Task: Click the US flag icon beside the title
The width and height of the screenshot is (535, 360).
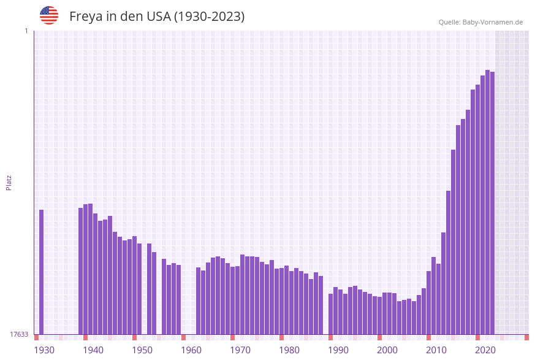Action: click(x=49, y=15)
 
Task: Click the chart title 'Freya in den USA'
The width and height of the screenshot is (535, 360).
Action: click(x=157, y=17)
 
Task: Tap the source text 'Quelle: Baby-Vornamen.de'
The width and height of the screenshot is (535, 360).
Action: click(x=480, y=22)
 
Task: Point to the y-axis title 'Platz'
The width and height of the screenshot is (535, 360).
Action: click(x=9, y=182)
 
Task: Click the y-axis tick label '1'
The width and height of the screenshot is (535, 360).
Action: click(x=26, y=31)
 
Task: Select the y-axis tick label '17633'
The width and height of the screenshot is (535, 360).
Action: click(x=19, y=334)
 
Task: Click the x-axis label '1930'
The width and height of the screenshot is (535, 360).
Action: click(x=44, y=350)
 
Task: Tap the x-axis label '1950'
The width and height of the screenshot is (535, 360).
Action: click(x=142, y=350)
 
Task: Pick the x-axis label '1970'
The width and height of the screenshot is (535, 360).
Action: click(x=240, y=350)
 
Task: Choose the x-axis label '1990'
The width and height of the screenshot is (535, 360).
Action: click(x=338, y=350)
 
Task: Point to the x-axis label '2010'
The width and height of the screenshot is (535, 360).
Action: click(x=436, y=350)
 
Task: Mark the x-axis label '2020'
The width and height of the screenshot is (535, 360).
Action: click(x=485, y=350)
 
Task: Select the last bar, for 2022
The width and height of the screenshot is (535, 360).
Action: click(x=492, y=202)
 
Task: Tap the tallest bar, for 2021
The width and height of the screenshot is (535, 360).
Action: click(x=487, y=202)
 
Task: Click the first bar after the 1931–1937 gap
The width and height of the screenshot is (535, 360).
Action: click(x=81, y=270)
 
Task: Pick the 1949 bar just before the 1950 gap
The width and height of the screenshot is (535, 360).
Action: click(x=139, y=288)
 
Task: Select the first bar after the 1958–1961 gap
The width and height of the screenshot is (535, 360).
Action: click(x=198, y=301)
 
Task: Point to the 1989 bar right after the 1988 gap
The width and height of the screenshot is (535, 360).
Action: click(x=330, y=313)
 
